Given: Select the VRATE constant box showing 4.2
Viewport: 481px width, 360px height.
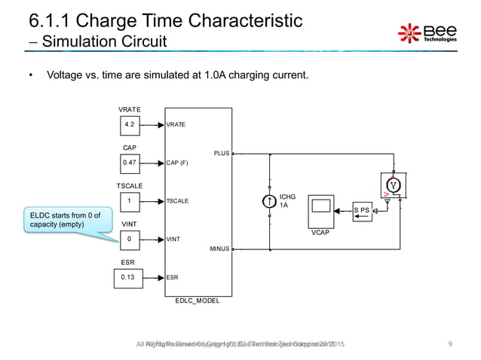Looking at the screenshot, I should (x=130, y=124).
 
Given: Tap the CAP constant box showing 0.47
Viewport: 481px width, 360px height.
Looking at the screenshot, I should (x=130, y=162).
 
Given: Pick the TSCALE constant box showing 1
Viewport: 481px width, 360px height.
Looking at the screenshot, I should (x=130, y=201).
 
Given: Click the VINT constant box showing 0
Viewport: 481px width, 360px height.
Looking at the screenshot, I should (x=130, y=240).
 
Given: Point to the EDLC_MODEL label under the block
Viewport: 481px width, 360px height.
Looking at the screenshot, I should (x=198, y=301).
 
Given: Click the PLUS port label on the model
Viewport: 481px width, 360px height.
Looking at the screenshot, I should (x=222, y=153).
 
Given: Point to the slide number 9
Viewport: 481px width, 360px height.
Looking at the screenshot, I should (x=450, y=344).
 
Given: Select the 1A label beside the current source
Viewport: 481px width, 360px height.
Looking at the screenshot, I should (x=284, y=206).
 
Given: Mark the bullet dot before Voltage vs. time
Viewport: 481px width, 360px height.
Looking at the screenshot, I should (x=31, y=76).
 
